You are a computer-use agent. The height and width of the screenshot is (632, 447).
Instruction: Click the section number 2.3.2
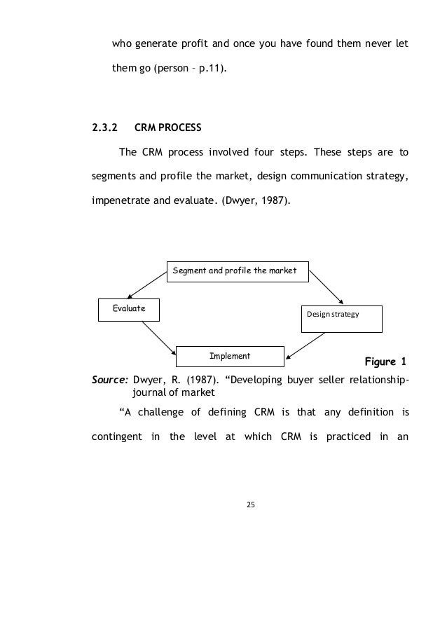(104, 129)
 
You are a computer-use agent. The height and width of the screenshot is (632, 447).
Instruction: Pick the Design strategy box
(341, 317)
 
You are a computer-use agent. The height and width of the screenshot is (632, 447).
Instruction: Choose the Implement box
(230, 356)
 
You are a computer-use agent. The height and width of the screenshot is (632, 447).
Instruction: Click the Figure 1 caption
(385, 362)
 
